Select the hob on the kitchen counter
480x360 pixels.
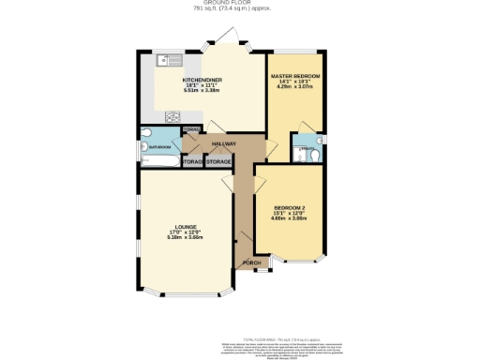(x=172, y=116)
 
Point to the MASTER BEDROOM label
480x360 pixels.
(x=295, y=74)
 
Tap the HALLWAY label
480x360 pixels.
(x=223, y=143)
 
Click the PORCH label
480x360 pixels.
(x=251, y=262)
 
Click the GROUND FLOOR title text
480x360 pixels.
(x=238, y=4)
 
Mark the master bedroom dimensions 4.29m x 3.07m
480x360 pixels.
(x=295, y=87)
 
